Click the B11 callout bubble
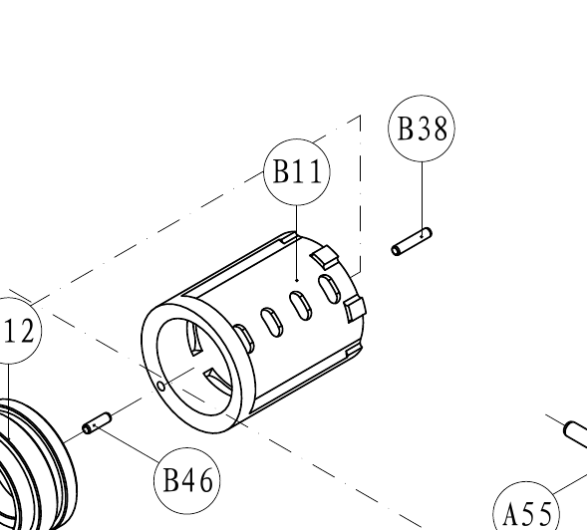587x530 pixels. pyautogui.click(x=297, y=171)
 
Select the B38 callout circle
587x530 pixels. pyautogui.click(x=422, y=129)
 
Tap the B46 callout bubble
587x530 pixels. pyautogui.click(x=187, y=480)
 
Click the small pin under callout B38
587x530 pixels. pyautogui.click(x=412, y=242)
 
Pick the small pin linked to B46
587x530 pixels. pyautogui.click(x=97, y=423)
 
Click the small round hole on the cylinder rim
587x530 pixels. pyautogui.click(x=161, y=386)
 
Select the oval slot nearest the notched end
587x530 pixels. pyautogui.click(x=330, y=289)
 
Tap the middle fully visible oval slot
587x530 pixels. pyautogui.click(x=301, y=307)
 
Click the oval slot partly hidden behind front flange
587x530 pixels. pyautogui.click(x=244, y=339)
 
